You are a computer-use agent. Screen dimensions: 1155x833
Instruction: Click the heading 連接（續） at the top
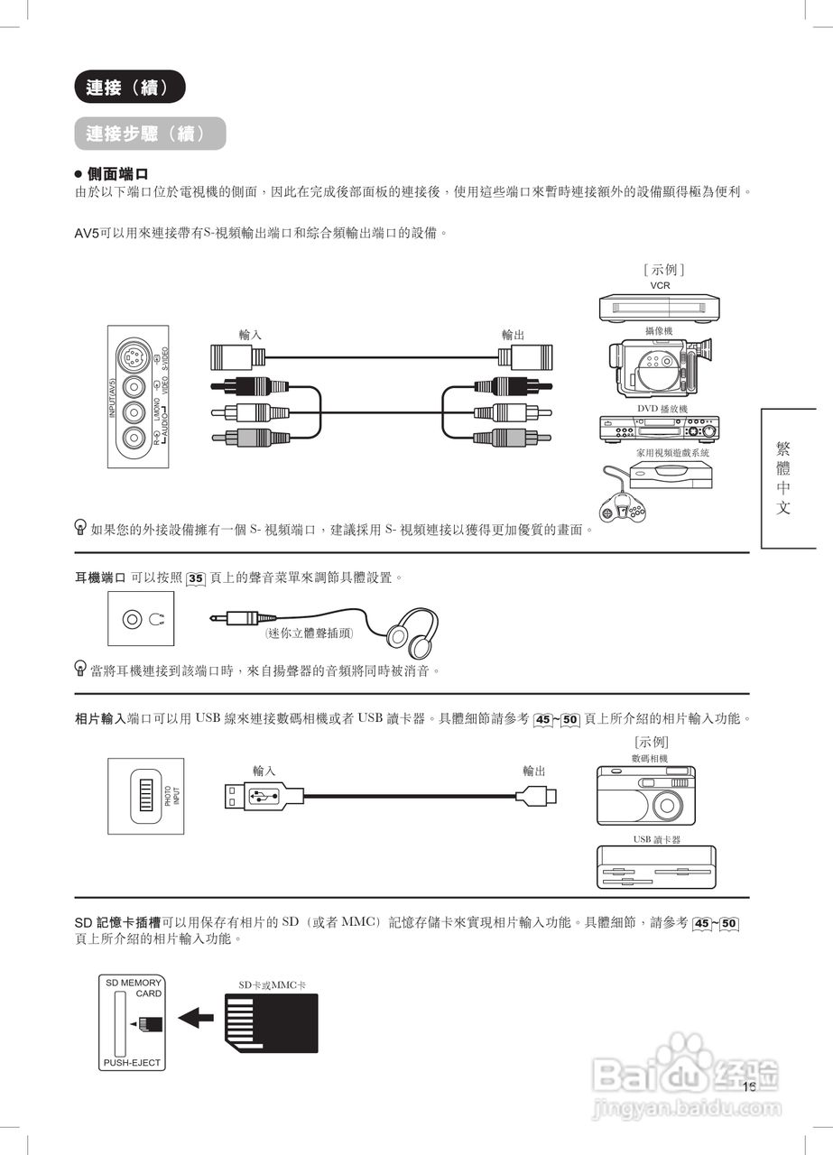pyautogui.click(x=129, y=88)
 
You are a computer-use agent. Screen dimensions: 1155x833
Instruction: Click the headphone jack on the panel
pyautogui.click(x=133, y=619)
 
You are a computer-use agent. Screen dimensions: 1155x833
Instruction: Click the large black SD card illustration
pyautogui.click(x=271, y=1021)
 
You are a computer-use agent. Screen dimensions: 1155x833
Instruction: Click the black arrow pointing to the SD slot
pyautogui.click(x=196, y=1019)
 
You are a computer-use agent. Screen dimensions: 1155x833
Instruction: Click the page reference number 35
pyautogui.click(x=197, y=578)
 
